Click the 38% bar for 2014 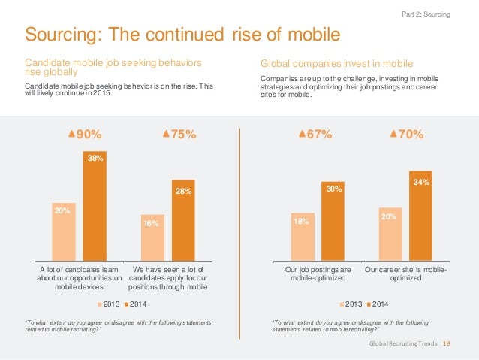(x=94, y=204)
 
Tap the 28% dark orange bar (x=183, y=219)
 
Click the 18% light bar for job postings (x=302, y=234)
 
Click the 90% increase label (x=85, y=135)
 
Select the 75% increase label (x=179, y=135)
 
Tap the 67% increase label (x=316, y=135)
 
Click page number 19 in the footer (x=447, y=343)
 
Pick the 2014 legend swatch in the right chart (x=370, y=304)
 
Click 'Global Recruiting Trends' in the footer (x=402, y=343)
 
